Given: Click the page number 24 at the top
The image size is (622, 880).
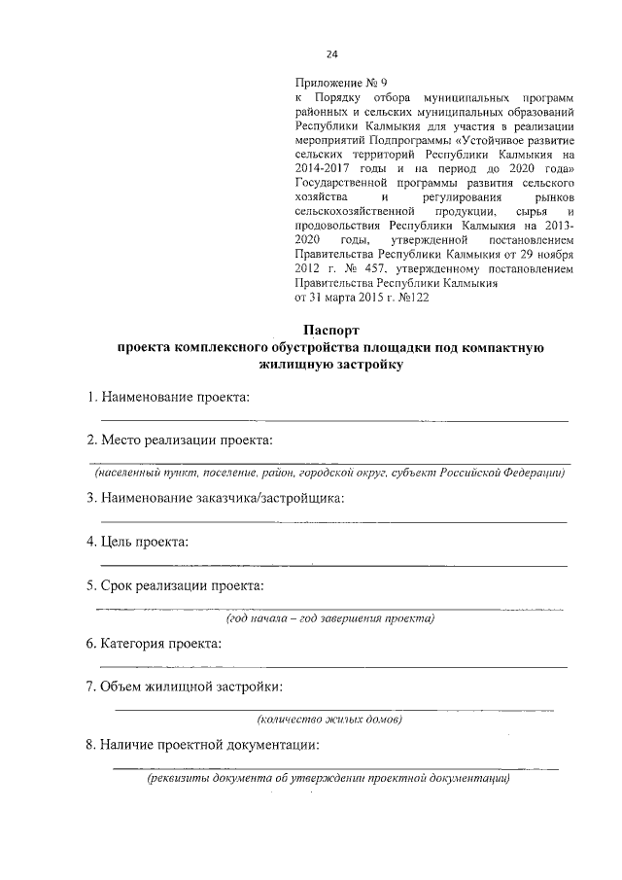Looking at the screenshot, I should coord(331,54).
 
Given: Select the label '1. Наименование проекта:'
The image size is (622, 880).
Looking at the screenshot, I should coord(167,397).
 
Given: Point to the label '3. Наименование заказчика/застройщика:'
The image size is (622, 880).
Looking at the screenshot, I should coord(215,498).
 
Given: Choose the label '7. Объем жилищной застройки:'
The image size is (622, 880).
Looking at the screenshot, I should coord(185,687).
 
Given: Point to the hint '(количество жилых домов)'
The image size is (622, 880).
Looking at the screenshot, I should coord(329,720).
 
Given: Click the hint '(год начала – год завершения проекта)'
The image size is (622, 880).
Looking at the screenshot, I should coord(329,618).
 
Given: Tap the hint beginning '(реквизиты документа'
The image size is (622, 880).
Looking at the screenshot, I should coord(328,779).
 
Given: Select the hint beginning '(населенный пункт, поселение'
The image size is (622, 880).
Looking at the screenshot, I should coord(329,473).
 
